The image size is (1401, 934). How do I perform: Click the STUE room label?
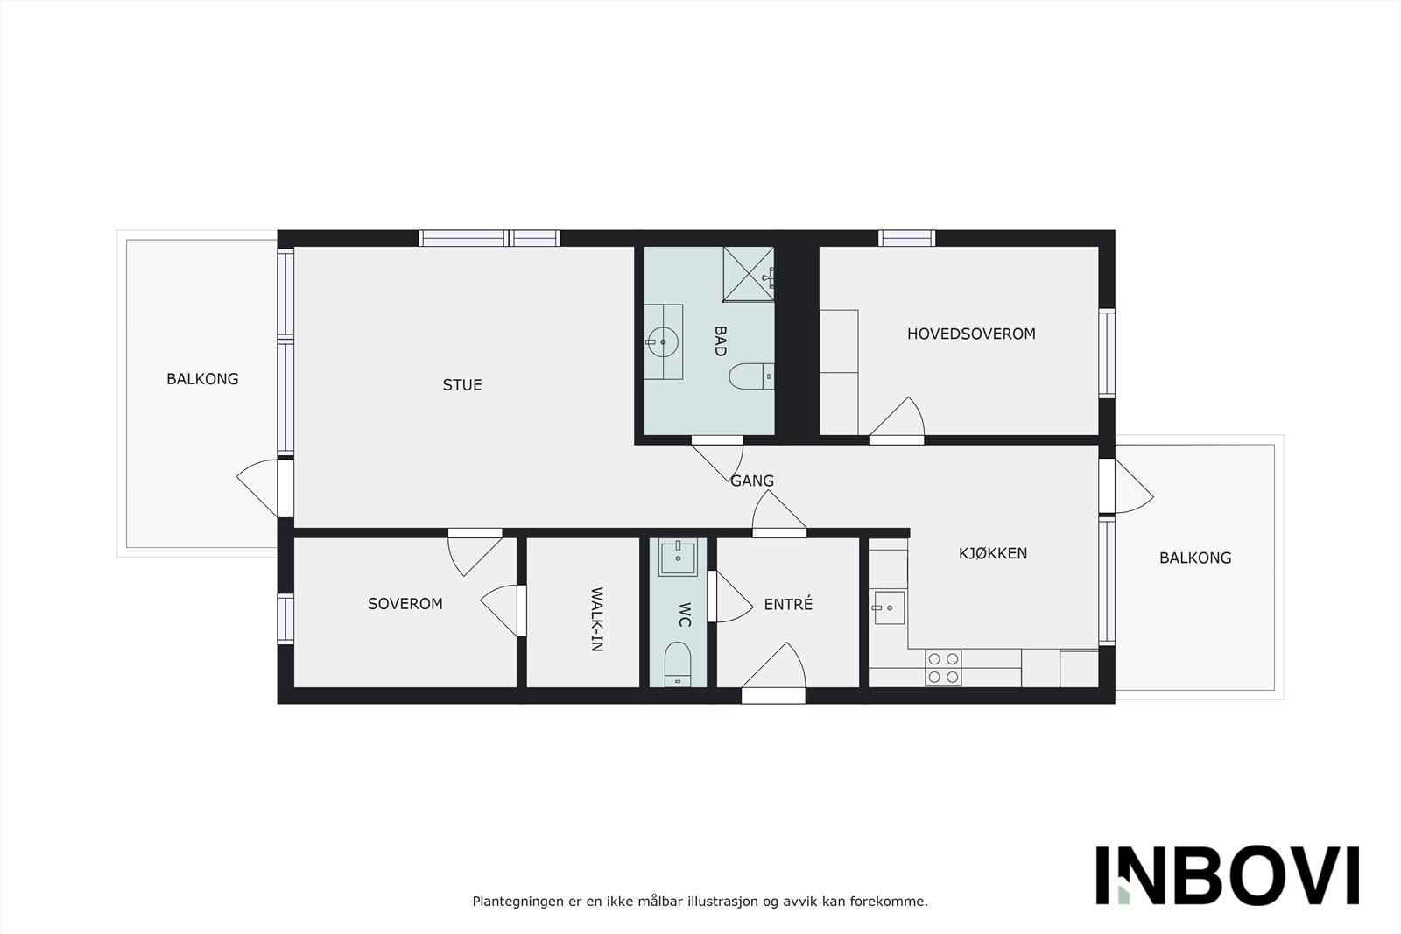(x=462, y=385)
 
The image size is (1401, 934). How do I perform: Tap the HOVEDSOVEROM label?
(x=971, y=334)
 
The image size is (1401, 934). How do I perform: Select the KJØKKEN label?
(x=993, y=553)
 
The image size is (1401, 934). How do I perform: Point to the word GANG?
(x=752, y=481)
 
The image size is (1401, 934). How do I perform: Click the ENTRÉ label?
(x=788, y=604)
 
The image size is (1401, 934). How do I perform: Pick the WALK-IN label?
(x=596, y=620)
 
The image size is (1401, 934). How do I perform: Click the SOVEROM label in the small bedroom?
(x=405, y=604)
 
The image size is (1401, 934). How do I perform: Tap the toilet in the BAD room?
(x=751, y=376)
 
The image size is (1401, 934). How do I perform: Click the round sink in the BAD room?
(x=663, y=342)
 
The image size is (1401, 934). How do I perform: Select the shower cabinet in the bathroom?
(x=748, y=274)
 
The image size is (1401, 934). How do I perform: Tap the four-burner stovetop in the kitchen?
(x=943, y=667)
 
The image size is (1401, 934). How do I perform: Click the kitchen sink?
(x=888, y=607)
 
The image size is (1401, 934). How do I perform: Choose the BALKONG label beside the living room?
(x=202, y=379)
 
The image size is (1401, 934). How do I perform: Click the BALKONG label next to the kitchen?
(x=1195, y=558)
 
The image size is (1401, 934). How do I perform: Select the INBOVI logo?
(x=1227, y=875)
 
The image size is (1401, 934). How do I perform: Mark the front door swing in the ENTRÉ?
(x=776, y=670)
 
